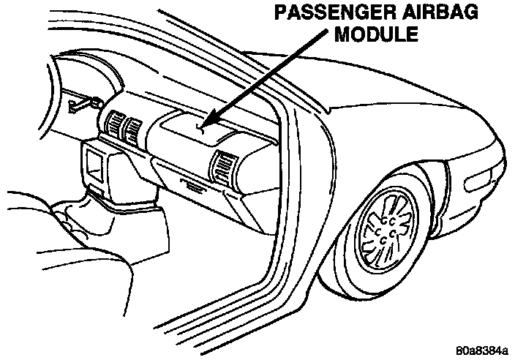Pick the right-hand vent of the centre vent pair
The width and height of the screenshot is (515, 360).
133,131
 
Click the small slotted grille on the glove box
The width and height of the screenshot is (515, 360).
193,187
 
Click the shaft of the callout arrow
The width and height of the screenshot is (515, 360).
249,88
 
